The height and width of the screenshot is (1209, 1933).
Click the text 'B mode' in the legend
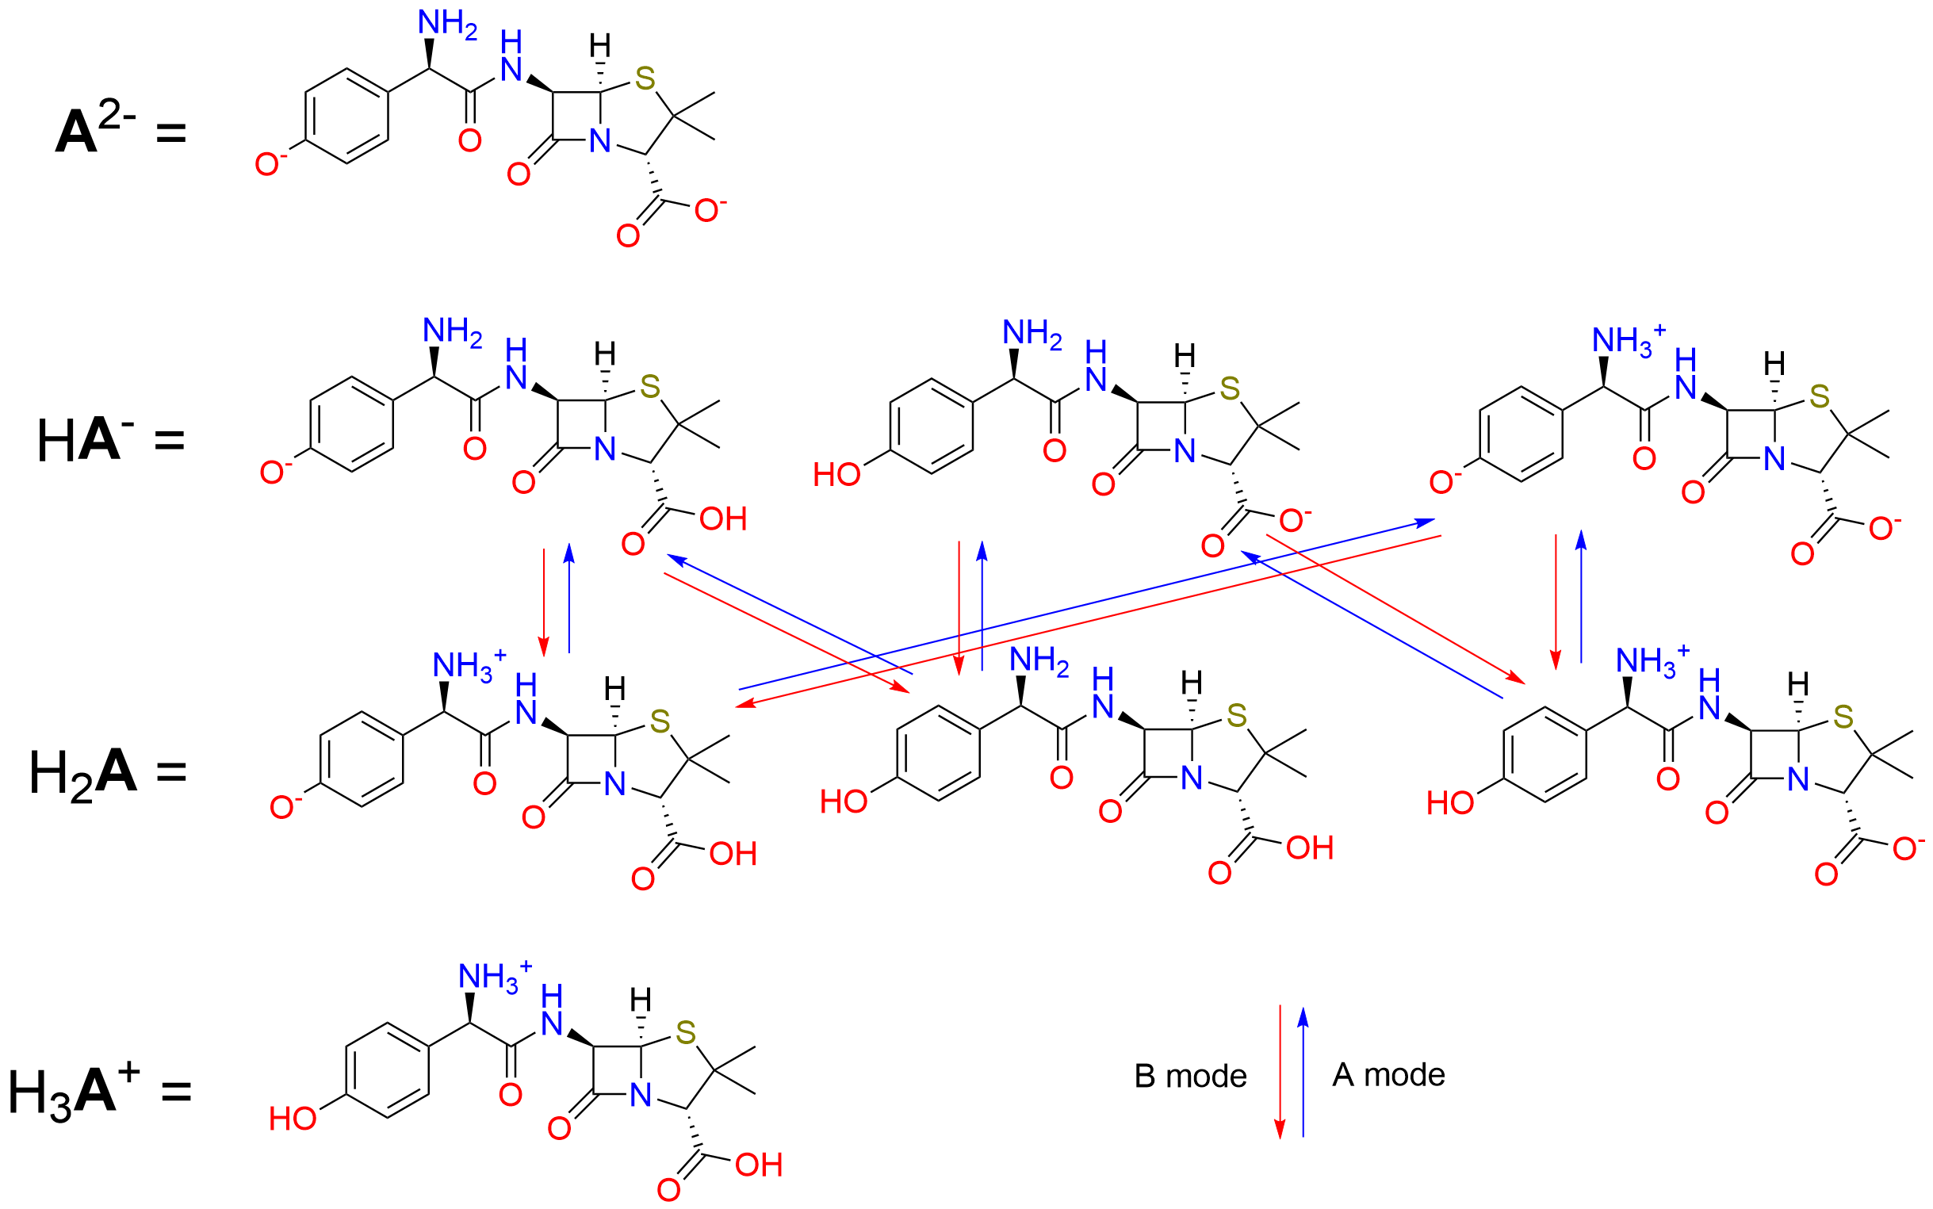click(1189, 1077)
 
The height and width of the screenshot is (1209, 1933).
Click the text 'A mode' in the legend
click(1388, 1075)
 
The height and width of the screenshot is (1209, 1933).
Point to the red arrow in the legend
click(1280, 1072)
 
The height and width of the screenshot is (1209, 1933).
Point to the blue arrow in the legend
click(1303, 1072)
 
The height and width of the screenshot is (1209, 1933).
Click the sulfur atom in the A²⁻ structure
click(645, 80)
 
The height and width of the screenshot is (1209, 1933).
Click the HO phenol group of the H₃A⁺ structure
click(292, 1119)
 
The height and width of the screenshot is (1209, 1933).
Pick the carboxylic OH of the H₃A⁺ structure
click(759, 1165)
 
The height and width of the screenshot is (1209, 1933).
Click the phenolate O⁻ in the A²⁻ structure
click(268, 165)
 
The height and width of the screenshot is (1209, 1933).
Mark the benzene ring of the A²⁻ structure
click(347, 116)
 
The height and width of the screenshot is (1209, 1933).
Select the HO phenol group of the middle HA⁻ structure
click(836, 475)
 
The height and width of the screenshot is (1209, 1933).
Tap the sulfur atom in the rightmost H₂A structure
click(1843, 717)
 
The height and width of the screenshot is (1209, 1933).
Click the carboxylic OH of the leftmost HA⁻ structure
click(722, 519)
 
